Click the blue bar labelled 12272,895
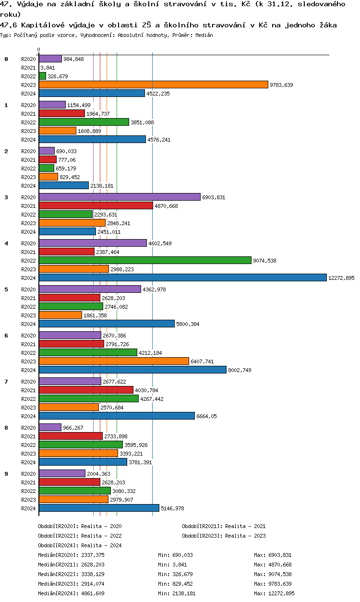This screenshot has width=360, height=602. tap(182, 277)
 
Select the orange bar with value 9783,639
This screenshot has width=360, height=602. tap(153, 84)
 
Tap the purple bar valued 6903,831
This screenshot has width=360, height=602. tap(119, 197)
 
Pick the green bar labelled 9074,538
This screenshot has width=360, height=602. tap(144, 260)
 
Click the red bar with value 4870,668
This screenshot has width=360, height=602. tap(96, 205)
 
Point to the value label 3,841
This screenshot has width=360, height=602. tap(48, 68)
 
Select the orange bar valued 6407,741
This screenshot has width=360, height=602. tap(114, 361)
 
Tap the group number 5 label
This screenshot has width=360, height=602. tap(6, 289)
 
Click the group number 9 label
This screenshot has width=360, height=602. tap(6, 474)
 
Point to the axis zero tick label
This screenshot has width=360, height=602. tap(38, 49)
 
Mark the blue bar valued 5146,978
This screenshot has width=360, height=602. tap(99, 508)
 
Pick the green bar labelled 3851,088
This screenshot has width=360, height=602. tap(84, 122)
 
